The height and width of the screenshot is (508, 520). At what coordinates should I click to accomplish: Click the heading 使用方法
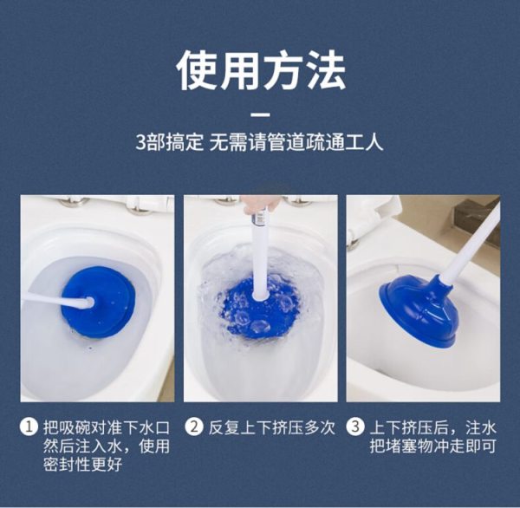(261, 70)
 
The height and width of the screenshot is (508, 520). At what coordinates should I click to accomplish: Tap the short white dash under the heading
(260, 115)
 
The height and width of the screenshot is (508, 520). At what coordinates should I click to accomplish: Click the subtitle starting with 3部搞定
(260, 142)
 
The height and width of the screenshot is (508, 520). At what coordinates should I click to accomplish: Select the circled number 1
(29, 427)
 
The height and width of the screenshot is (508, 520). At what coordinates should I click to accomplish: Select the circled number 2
(194, 427)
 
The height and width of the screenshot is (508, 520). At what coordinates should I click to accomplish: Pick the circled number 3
(355, 427)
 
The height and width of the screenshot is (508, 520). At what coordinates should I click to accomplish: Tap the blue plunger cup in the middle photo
(258, 309)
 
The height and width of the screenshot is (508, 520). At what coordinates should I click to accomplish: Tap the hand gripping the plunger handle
(260, 203)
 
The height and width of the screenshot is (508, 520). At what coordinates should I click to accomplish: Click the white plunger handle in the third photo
(471, 243)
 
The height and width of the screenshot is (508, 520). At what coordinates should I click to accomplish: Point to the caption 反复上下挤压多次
(272, 427)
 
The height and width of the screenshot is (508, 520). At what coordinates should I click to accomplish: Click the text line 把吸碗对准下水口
(107, 427)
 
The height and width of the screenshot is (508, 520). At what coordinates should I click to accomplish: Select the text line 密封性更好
(82, 464)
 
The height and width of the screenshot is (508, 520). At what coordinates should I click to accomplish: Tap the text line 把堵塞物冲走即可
(433, 446)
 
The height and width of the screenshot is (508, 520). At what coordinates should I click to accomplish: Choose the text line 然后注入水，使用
(107, 446)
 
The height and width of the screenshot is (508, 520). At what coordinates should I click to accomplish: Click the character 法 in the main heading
(325, 70)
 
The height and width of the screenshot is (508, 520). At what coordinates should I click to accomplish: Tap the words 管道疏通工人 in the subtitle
(327, 142)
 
